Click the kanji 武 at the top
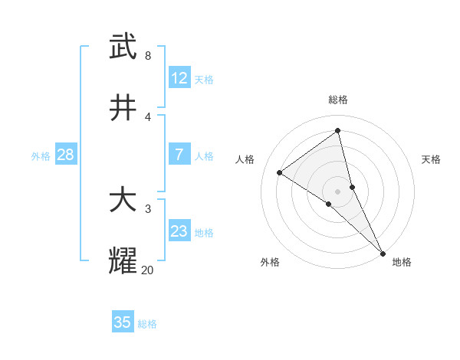(123, 47)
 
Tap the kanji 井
(123, 108)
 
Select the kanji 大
(123, 201)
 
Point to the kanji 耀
(123, 261)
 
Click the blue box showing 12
(179, 78)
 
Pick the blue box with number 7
(179, 155)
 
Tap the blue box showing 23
(179, 231)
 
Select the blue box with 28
(66, 155)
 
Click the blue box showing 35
(123, 322)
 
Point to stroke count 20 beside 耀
(148, 270)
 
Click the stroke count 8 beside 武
(148, 55)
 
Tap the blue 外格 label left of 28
(41, 155)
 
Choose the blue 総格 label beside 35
(147, 324)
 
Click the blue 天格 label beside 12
(204, 79)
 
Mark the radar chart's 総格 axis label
(338, 100)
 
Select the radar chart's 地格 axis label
(402, 262)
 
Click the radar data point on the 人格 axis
(280, 172)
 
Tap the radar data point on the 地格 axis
(382, 252)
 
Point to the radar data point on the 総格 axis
(338, 131)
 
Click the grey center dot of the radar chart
(338, 191)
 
